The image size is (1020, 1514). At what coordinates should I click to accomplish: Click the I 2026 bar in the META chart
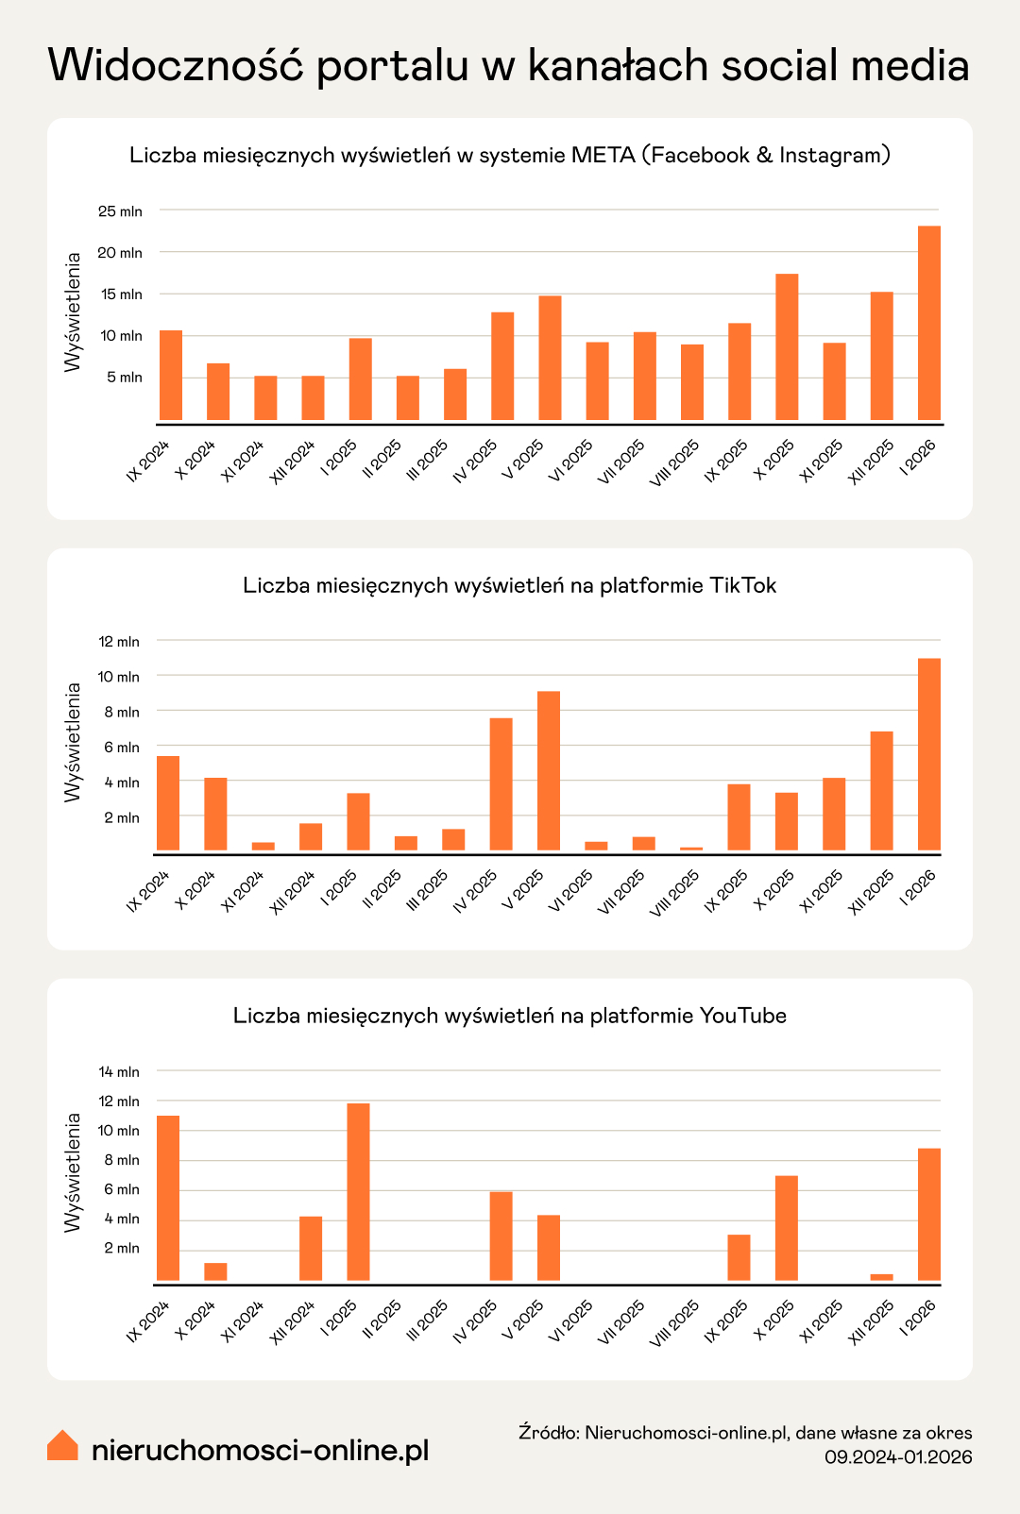928,323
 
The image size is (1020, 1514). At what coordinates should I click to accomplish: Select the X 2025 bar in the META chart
787,346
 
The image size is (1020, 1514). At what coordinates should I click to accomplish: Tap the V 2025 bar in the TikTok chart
549,771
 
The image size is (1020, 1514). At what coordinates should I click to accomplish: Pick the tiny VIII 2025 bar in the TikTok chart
691,849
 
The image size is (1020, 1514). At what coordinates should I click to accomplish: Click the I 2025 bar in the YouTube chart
358,1191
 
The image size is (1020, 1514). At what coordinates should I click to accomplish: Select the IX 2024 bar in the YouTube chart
168,1198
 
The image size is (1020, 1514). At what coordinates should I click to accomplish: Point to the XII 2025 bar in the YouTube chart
881,1277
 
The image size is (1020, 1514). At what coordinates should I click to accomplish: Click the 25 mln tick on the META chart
120,211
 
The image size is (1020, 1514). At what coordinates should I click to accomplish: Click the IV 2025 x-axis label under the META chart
476,460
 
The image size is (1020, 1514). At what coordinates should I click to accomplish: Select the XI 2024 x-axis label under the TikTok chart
243,890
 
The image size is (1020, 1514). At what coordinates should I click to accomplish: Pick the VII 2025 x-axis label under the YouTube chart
621,1321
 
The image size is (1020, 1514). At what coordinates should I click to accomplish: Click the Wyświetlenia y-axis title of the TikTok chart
73,742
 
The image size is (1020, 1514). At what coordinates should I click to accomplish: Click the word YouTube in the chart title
742,1016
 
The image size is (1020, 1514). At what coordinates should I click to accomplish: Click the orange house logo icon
62,1445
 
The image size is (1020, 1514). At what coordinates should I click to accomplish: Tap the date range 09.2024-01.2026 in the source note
898,1456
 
